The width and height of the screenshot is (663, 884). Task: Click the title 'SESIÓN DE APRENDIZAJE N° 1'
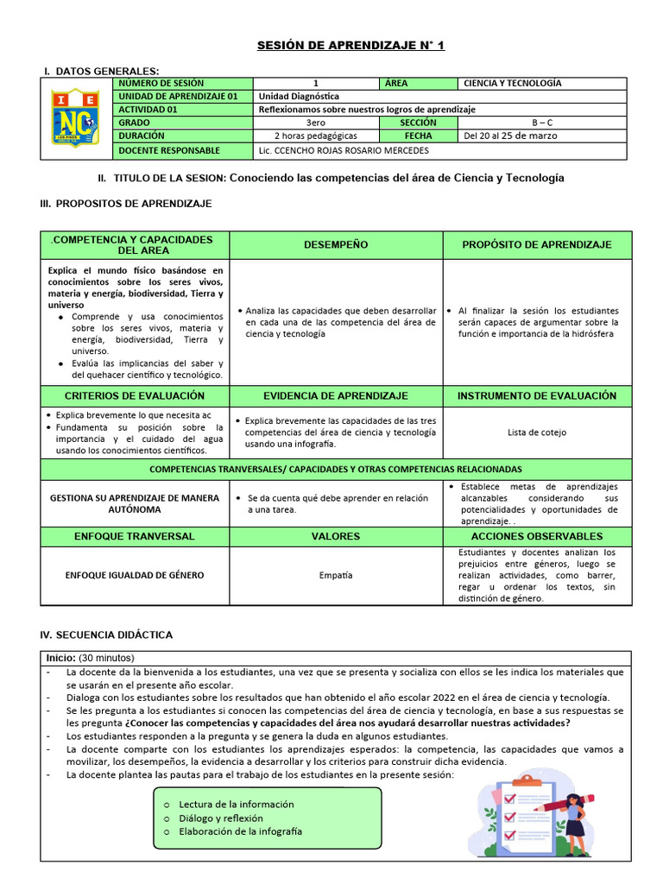pos(350,45)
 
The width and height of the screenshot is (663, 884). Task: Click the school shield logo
pos(77,117)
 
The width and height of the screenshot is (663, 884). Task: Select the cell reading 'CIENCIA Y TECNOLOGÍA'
pos(512,84)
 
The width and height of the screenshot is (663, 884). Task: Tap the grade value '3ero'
pos(316,123)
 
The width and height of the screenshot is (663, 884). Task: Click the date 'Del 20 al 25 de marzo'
pos(510,136)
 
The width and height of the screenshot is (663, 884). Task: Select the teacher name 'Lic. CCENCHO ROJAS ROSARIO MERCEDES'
pos(343,150)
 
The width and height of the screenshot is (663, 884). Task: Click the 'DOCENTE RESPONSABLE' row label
pos(169,150)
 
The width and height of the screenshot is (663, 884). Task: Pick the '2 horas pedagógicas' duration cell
pos(316,136)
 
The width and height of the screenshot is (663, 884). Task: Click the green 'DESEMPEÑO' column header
pos(336,245)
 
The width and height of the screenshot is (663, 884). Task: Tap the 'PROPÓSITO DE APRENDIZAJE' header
pos(537,245)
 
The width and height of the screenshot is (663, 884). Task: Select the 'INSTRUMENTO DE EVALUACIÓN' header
pos(537,395)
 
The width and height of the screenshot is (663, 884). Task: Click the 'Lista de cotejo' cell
pos(537,433)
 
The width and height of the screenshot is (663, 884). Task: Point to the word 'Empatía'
pos(336,575)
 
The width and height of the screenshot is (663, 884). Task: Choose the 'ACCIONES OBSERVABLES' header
pos(537,536)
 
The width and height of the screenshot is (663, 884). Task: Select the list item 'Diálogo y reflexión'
pos(221,818)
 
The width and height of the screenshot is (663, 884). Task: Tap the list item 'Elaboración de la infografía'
pos(240,831)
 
